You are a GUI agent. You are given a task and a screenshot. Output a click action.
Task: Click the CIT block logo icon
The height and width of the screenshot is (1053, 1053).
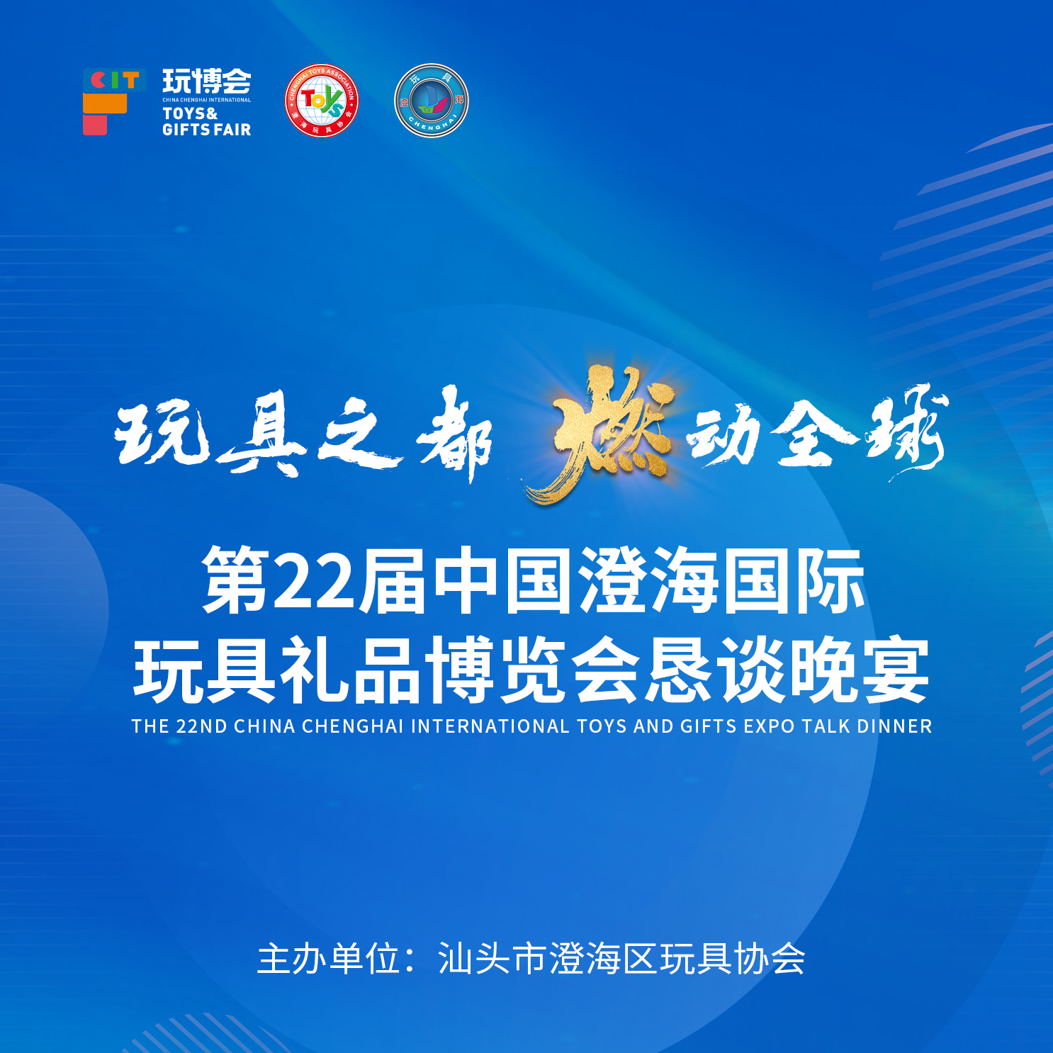[x=115, y=101]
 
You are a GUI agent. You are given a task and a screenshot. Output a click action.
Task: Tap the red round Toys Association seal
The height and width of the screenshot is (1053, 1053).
[x=322, y=101]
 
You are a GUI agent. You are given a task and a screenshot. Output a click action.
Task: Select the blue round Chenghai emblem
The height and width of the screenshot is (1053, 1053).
[x=432, y=101]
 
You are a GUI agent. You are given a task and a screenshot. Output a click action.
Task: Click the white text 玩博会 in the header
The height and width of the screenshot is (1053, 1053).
[x=207, y=81]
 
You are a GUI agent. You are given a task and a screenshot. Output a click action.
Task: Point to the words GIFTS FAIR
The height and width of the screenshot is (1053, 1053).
[x=207, y=130]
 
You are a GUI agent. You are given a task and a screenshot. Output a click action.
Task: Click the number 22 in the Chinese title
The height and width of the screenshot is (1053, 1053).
[x=313, y=581]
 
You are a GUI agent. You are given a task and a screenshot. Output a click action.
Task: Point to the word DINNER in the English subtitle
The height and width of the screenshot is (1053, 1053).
[x=894, y=726]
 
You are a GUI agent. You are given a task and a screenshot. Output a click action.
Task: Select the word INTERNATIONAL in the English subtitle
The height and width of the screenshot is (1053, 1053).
[x=490, y=726]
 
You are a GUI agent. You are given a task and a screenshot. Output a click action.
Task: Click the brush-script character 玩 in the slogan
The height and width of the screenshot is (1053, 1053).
[x=162, y=432]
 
